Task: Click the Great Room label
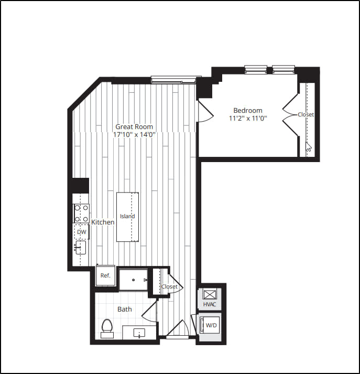(x=134, y=126)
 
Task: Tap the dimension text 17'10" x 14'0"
(x=134, y=134)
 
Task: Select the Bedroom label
(x=247, y=110)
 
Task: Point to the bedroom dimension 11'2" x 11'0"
(x=247, y=119)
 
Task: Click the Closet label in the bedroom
(x=306, y=114)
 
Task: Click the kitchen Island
(x=127, y=216)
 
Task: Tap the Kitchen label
(x=103, y=222)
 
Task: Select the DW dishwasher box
(x=81, y=231)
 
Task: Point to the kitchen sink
(x=81, y=247)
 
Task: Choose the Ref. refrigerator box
(x=105, y=276)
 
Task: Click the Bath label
(x=125, y=309)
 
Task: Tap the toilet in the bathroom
(x=107, y=327)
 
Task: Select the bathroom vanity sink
(x=139, y=332)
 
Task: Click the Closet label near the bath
(x=169, y=287)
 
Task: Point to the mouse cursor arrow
(x=309, y=147)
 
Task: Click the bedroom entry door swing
(x=204, y=112)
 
